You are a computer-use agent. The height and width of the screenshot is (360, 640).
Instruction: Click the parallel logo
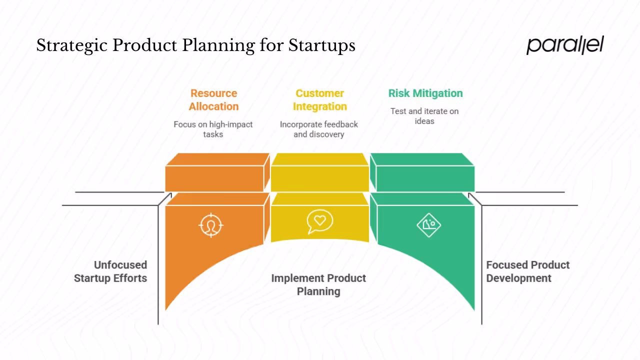point(565,45)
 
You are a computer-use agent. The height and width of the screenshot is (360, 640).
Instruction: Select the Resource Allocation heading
point(213,100)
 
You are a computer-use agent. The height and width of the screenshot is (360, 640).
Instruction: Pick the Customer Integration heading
point(319,100)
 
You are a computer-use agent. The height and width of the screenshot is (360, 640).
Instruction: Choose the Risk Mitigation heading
point(425,93)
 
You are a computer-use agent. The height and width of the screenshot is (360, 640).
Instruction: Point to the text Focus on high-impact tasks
point(213,129)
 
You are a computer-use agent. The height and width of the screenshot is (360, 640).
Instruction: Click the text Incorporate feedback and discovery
point(319,129)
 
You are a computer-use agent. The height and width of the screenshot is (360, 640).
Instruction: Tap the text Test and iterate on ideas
point(424,116)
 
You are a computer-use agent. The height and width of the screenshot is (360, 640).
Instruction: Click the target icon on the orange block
point(211,224)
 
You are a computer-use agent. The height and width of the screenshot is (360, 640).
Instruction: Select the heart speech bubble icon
point(320,221)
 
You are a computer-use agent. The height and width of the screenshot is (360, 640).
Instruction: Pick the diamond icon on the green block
point(428,224)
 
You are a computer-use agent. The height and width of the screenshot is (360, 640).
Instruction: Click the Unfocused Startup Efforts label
point(110,271)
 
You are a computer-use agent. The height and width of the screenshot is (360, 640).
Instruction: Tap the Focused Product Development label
point(527,271)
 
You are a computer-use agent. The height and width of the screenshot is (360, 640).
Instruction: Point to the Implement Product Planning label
point(318,284)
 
